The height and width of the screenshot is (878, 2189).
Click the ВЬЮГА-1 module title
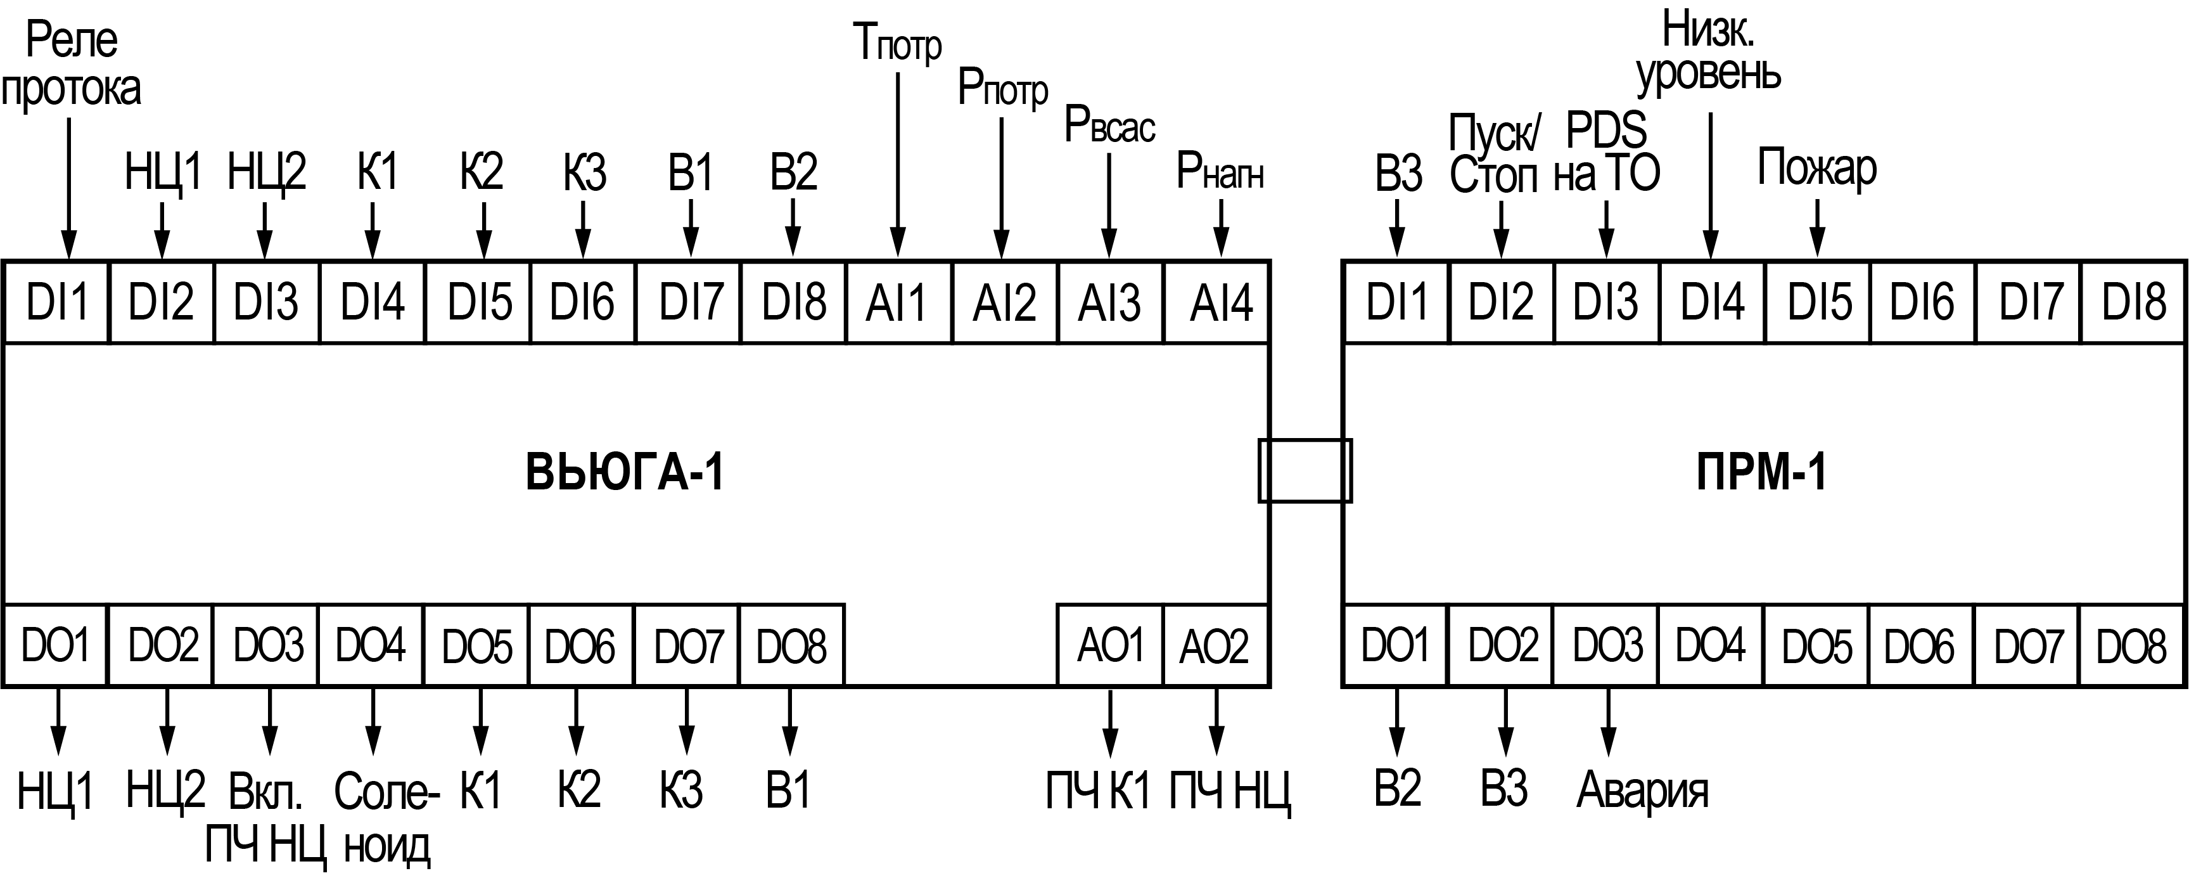tap(625, 472)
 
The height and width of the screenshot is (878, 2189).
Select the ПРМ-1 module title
tap(1761, 472)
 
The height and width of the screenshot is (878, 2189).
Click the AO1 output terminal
tap(1110, 646)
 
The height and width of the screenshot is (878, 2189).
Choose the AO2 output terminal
tap(1215, 646)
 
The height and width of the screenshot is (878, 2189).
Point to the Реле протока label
tap(72, 65)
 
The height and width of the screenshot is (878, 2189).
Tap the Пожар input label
tap(1817, 168)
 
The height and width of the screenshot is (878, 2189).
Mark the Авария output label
tap(1642, 791)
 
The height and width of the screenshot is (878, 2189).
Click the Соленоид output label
tap(386, 818)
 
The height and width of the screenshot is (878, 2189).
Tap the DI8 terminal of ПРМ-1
tap(2133, 302)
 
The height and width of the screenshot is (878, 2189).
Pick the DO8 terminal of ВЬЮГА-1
tap(791, 646)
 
